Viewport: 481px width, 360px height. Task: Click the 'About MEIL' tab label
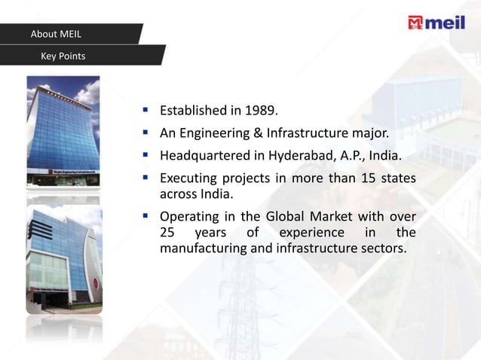(x=56, y=34)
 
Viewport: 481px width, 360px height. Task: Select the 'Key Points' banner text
(x=63, y=56)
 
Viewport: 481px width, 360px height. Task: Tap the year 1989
(x=260, y=111)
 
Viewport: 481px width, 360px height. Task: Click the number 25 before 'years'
(x=167, y=232)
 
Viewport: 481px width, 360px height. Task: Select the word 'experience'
(x=305, y=232)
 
